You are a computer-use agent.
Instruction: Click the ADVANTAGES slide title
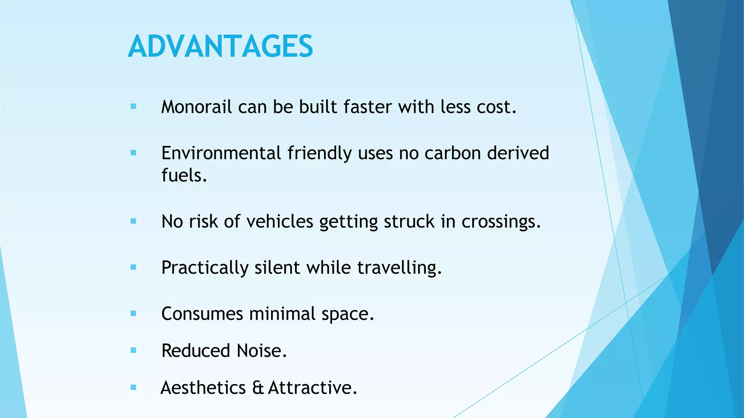point(220,46)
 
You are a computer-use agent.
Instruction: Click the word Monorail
point(196,107)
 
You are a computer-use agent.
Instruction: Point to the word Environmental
point(221,153)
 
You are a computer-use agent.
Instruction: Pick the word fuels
point(184,176)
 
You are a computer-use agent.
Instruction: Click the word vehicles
point(280,222)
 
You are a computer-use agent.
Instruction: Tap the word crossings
point(501,222)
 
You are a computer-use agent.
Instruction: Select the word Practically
point(205,268)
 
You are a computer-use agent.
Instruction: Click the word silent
point(277,268)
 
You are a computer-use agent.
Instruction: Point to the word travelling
point(399,268)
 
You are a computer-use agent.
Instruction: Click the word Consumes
point(202,314)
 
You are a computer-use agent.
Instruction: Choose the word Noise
point(262,351)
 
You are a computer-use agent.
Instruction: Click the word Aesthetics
point(203,388)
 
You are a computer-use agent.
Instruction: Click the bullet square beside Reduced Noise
point(133,351)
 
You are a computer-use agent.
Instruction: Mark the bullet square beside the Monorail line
point(133,107)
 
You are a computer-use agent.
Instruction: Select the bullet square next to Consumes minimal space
point(133,313)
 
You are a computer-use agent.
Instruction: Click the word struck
point(409,222)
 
